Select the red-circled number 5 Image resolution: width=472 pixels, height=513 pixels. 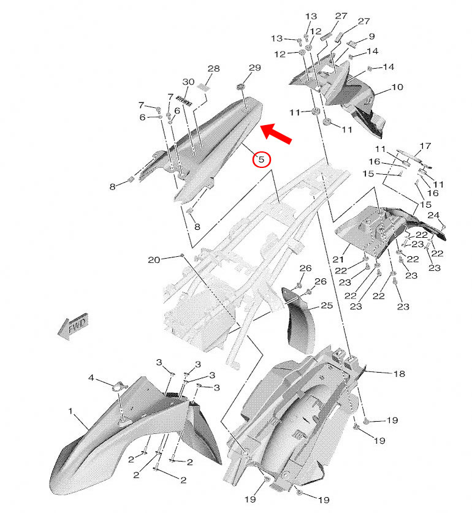[x=261, y=159]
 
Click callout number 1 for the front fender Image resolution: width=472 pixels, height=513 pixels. [x=70, y=410]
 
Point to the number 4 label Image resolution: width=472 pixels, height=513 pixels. [x=91, y=378]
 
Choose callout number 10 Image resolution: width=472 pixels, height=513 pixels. [x=397, y=88]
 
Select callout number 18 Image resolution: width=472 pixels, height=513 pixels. [x=398, y=373]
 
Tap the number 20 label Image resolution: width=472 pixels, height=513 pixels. [x=153, y=260]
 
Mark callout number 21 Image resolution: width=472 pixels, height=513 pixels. [x=338, y=260]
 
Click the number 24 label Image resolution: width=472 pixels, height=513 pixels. [x=433, y=215]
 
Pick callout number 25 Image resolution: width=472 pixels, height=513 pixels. [x=326, y=305]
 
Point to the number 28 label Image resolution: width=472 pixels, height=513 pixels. [x=213, y=69]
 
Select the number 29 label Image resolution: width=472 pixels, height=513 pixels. [x=254, y=67]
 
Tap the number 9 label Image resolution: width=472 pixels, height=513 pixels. [x=371, y=37]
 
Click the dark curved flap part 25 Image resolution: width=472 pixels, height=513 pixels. [x=296, y=319]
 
